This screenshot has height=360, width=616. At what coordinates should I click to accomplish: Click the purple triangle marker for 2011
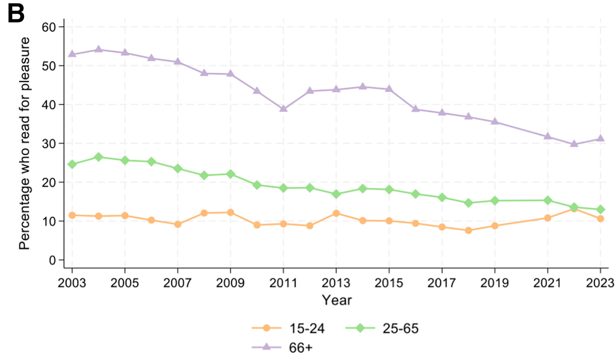coord(283,108)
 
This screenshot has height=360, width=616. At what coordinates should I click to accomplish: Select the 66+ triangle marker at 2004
coord(99,49)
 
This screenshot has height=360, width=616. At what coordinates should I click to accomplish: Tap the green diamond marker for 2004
coord(99,157)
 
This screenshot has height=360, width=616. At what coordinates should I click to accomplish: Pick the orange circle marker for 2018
coord(468,230)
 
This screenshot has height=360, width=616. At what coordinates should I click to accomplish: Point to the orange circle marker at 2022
coord(574,209)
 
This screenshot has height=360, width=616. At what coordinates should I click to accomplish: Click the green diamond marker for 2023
coord(601,210)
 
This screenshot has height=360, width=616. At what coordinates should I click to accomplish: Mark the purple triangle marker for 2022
coord(574,144)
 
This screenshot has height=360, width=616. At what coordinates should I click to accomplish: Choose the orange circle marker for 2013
coord(336,213)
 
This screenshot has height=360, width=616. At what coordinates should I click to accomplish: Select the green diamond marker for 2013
coord(336,194)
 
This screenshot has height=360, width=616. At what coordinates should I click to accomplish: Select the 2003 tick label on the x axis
coord(72,283)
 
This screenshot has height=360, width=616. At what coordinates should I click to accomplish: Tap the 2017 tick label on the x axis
coord(442,283)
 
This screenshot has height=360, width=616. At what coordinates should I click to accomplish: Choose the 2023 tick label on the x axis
coord(601,283)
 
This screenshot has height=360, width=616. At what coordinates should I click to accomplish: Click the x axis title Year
coord(337,300)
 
